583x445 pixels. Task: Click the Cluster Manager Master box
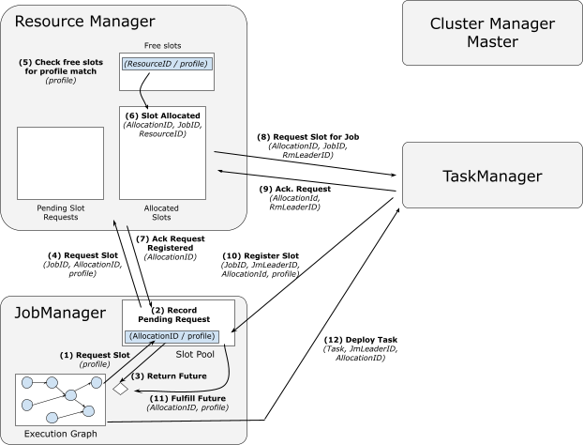click(x=492, y=33)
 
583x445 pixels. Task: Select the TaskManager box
click(x=492, y=175)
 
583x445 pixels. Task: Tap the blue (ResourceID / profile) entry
click(x=167, y=64)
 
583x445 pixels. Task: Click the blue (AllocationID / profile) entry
click(x=172, y=336)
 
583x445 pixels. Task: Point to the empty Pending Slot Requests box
click(x=60, y=163)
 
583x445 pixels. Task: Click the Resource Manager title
click(x=84, y=22)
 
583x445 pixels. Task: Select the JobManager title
click(x=60, y=313)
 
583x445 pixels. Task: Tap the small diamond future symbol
click(x=121, y=389)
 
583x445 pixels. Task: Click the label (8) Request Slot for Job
click(x=308, y=137)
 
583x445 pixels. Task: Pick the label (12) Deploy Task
click(x=361, y=340)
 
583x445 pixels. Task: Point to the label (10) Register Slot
click(x=261, y=256)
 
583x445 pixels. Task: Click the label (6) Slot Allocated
click(x=163, y=115)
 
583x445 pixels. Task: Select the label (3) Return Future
click(x=169, y=376)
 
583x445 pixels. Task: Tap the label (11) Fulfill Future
click(x=187, y=398)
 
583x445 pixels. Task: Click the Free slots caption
click(x=163, y=45)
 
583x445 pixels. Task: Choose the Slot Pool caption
click(x=195, y=354)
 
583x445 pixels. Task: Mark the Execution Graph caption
click(x=61, y=434)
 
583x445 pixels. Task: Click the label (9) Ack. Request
click(x=295, y=189)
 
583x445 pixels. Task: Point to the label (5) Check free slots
click(x=61, y=62)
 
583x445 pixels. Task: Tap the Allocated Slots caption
click(x=161, y=212)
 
